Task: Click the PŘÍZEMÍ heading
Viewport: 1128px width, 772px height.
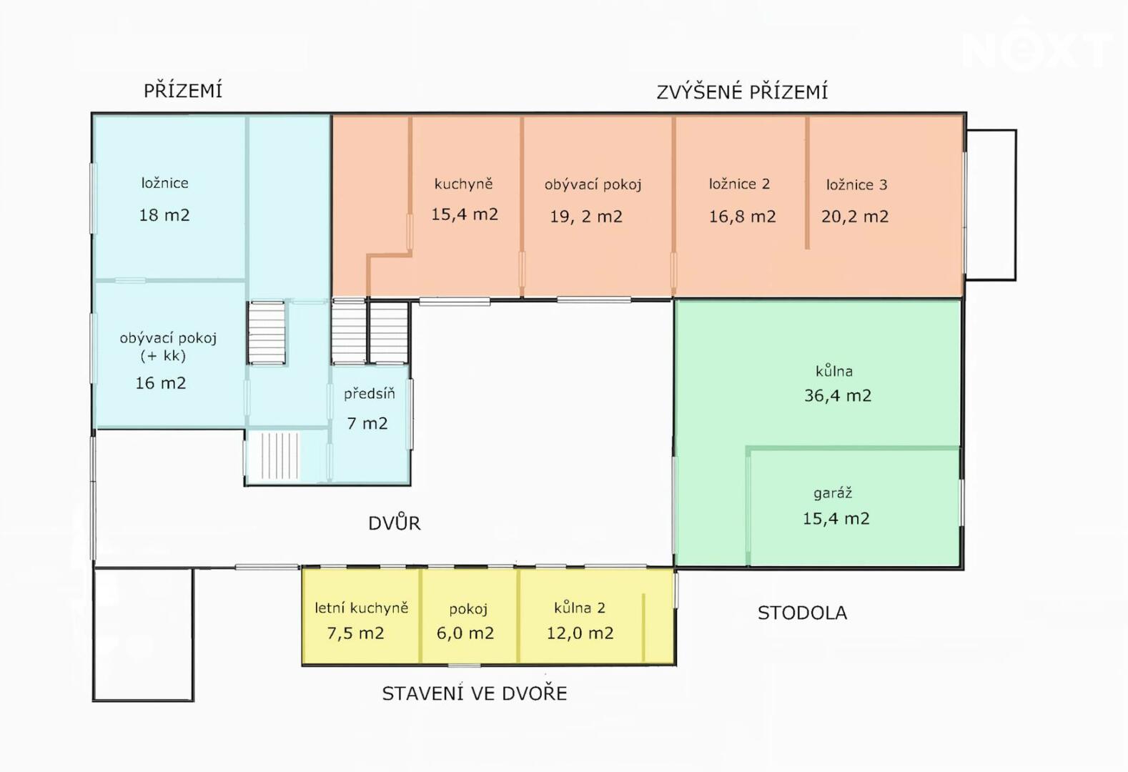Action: point(183,91)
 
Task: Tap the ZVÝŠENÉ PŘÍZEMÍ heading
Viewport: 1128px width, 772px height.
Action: point(742,91)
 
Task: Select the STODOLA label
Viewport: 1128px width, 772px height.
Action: point(802,613)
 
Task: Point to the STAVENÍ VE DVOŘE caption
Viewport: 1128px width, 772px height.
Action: point(475,693)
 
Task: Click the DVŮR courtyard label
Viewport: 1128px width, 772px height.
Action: point(395,523)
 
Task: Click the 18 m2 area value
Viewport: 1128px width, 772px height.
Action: point(164,215)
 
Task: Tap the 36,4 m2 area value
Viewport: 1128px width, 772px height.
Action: point(838,396)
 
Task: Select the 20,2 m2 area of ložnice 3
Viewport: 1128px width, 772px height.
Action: point(854,217)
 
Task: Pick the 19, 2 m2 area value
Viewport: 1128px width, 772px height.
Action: point(585,217)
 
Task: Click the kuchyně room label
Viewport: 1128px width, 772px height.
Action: point(463,184)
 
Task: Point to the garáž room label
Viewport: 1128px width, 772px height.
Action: point(833,493)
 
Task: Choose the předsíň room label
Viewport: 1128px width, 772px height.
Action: point(369,393)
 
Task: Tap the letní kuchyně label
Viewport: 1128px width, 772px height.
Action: point(361,608)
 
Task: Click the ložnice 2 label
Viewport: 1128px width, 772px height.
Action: point(739,184)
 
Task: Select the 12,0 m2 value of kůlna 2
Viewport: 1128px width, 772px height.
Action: point(580,633)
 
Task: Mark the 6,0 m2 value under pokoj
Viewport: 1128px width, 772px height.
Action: point(465,633)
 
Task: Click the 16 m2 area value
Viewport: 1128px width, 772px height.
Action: point(161,382)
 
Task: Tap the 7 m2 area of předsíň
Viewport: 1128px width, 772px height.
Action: point(367,423)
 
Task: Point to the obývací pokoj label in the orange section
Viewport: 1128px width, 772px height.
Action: point(593,184)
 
